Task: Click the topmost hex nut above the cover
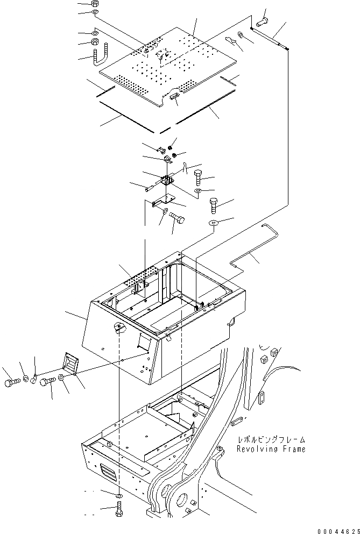tap(95, 3)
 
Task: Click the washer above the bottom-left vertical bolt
tap(118, 495)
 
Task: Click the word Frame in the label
tap(295, 449)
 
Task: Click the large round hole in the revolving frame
tap(178, 495)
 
